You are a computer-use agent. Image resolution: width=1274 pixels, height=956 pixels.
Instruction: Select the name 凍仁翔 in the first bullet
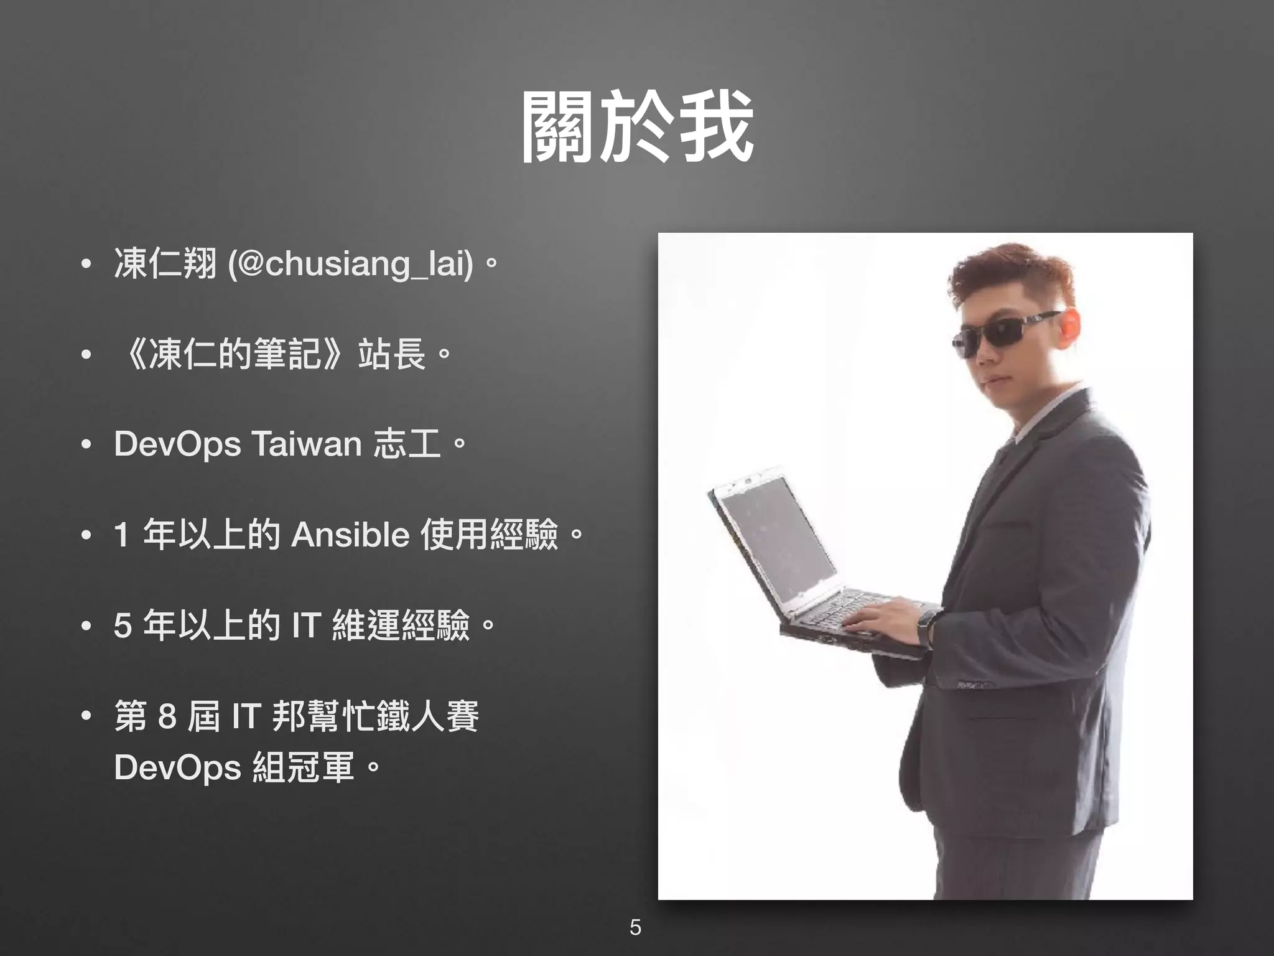[165, 263]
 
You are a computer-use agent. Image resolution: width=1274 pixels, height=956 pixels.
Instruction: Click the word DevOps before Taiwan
[177, 445]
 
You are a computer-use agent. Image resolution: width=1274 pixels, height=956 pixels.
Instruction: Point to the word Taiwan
[306, 444]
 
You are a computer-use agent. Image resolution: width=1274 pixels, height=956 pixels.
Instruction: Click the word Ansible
[350, 535]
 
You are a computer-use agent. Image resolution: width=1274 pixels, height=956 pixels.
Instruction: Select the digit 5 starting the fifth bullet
[122, 626]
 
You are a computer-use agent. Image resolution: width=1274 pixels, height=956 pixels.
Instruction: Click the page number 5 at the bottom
[635, 927]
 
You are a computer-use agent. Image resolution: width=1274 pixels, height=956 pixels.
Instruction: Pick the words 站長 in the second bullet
[392, 354]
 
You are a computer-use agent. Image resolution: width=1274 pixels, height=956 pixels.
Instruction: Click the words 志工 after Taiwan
[407, 444]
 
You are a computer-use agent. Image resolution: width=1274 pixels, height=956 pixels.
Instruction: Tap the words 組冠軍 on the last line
[304, 767]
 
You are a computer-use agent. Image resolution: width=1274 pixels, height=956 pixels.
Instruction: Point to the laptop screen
[778, 541]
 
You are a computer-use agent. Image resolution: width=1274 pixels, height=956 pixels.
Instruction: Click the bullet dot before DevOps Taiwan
[86, 445]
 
